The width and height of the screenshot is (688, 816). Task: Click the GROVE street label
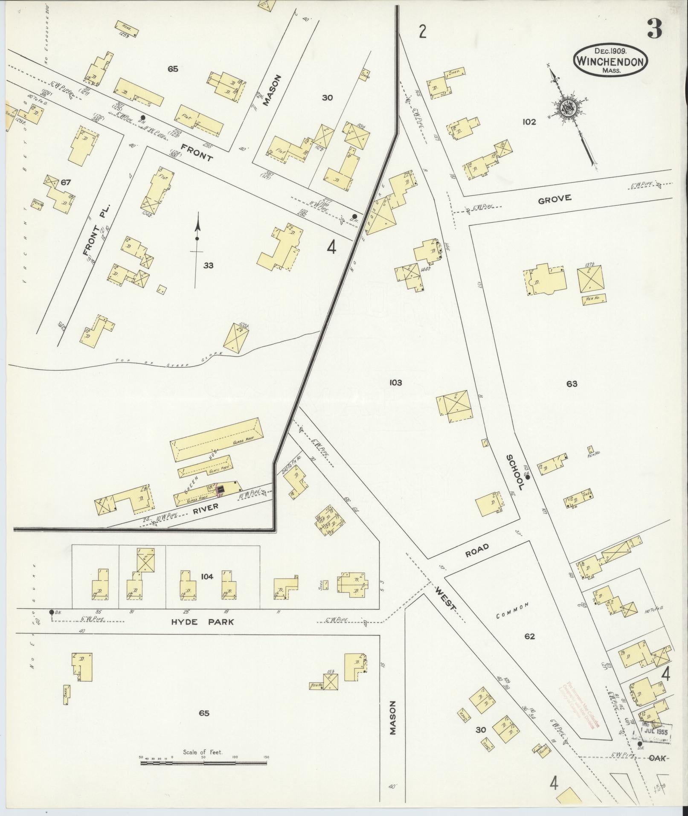(x=554, y=198)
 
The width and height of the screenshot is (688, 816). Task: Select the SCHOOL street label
(x=515, y=472)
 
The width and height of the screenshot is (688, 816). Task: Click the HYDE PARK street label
(x=202, y=622)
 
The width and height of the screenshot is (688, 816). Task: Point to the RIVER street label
(x=206, y=506)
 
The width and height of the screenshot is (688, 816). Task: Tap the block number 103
(x=395, y=383)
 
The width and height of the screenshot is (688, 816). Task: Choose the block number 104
(x=207, y=577)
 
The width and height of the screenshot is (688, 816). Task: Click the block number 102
(x=528, y=122)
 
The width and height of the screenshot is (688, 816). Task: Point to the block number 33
(x=208, y=266)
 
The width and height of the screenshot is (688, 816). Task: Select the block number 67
(x=65, y=183)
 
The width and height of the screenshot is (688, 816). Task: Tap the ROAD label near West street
(x=476, y=551)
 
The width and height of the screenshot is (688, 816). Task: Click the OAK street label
(x=657, y=758)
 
